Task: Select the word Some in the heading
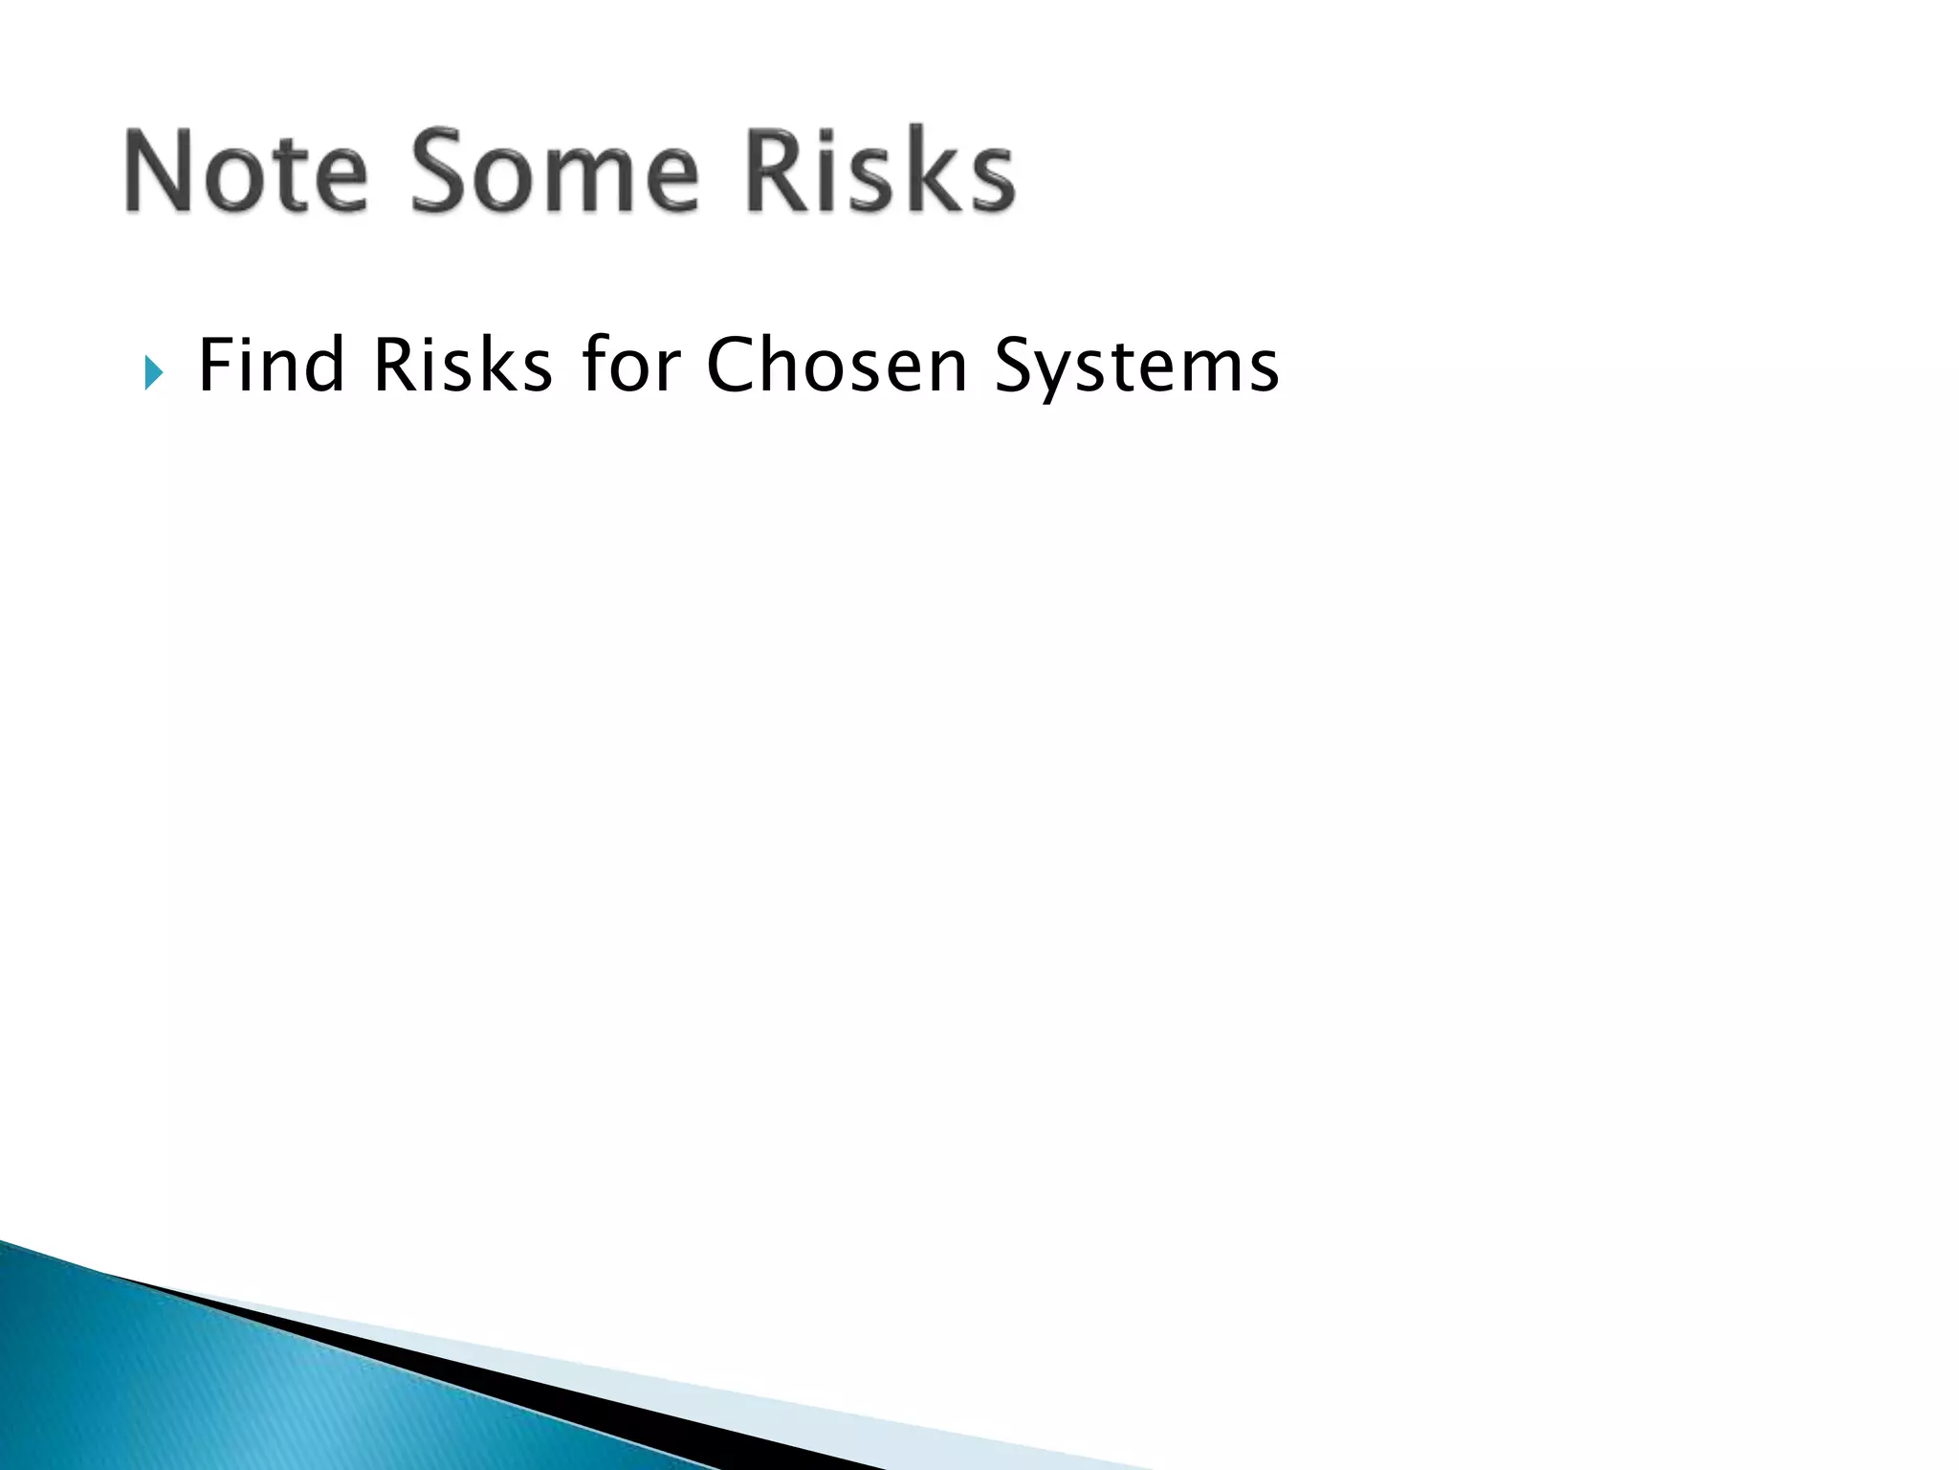click(556, 172)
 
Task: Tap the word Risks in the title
click(879, 172)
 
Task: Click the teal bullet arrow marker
click(153, 371)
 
